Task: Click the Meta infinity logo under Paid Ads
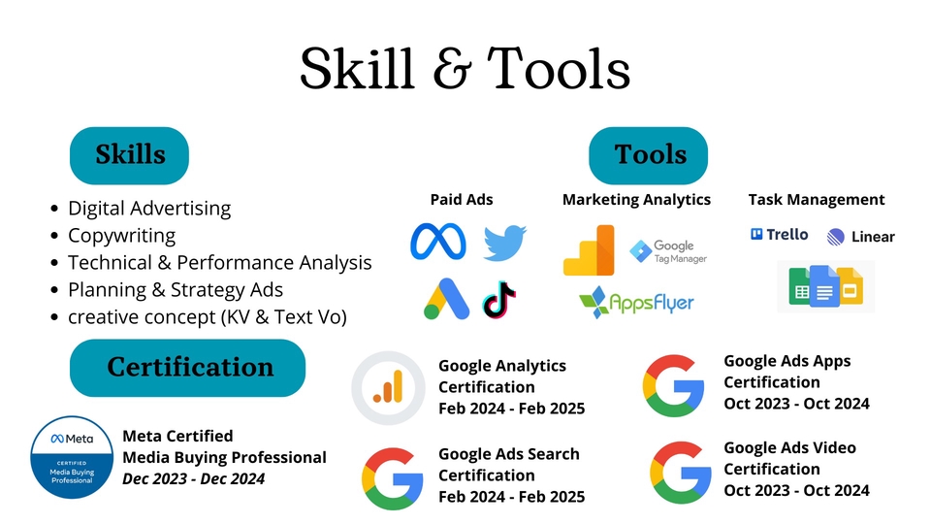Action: (438, 242)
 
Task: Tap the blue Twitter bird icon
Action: (504, 243)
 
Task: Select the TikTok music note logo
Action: (499, 300)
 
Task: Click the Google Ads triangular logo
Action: (446, 299)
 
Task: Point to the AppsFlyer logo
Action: (636, 303)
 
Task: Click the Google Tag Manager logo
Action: (668, 251)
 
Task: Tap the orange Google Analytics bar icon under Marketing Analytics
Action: (589, 250)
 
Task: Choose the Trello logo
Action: (779, 235)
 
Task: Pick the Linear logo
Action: (860, 237)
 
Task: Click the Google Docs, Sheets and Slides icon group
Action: (826, 286)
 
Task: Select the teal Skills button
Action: (129, 155)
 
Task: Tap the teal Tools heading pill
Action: (649, 155)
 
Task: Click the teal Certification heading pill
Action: (187, 368)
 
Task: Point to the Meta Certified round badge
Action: (72, 457)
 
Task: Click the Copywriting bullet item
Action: (122, 235)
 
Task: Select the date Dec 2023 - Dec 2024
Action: (194, 478)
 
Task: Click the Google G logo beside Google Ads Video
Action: (681, 473)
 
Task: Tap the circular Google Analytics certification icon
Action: (388, 388)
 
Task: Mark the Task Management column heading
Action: (817, 200)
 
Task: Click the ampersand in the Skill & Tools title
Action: (452, 70)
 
